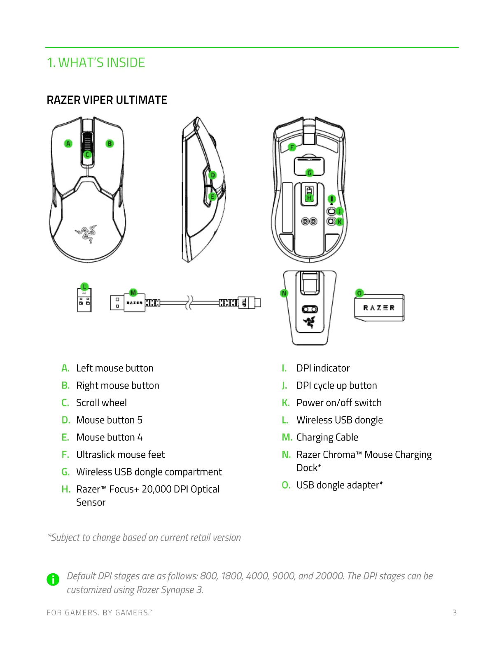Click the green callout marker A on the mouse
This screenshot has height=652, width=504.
(68, 144)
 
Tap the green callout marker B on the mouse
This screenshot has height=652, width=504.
(110, 144)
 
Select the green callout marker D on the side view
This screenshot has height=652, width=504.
(212, 175)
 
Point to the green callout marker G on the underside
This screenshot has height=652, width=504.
(310, 173)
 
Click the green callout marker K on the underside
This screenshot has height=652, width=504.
(339, 221)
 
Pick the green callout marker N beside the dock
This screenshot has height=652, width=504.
(284, 293)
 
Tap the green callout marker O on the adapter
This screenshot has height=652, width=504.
(359, 293)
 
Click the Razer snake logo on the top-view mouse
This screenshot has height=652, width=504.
(86, 234)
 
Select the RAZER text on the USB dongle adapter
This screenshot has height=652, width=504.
(379, 308)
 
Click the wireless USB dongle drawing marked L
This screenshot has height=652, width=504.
(85, 300)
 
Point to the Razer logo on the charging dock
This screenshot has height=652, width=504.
(309, 322)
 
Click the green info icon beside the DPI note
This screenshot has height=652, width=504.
(53, 579)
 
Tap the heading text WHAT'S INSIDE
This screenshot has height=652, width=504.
(102, 63)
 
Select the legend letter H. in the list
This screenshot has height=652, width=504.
(66, 489)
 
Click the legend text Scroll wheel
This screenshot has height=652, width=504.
(101, 403)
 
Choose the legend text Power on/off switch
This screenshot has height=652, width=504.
(339, 403)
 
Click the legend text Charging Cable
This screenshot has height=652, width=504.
(327, 437)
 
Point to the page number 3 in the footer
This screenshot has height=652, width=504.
(455, 612)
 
